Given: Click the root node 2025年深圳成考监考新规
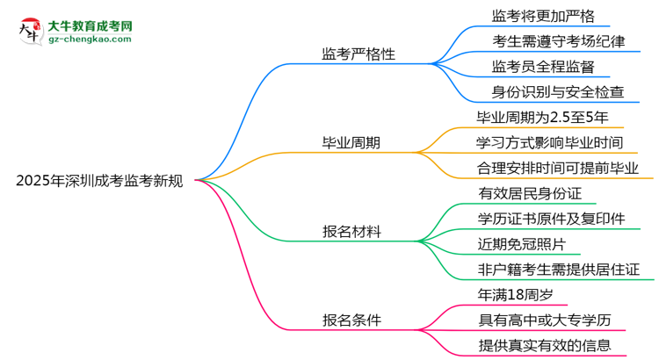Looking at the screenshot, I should coord(99,182).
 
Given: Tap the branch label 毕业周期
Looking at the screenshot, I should coord(351,143).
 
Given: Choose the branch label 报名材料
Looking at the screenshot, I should coord(351,232).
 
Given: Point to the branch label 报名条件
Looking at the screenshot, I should coord(351,320).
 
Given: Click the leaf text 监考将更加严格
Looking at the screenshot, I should coord(544,15).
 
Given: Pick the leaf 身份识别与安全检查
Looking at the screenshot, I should coord(558,91).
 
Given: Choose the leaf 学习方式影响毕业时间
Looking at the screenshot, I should coord(550,142).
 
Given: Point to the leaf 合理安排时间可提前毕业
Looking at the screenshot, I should coord(558,168).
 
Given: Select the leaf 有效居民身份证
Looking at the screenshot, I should coord(530,193).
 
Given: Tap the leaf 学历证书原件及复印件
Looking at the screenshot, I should coord(551,219).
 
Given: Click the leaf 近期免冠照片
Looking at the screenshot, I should coord(523,244).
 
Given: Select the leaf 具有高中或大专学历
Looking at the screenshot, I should coord(544,320).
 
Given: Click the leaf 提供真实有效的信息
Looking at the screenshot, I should coord(544,346).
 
